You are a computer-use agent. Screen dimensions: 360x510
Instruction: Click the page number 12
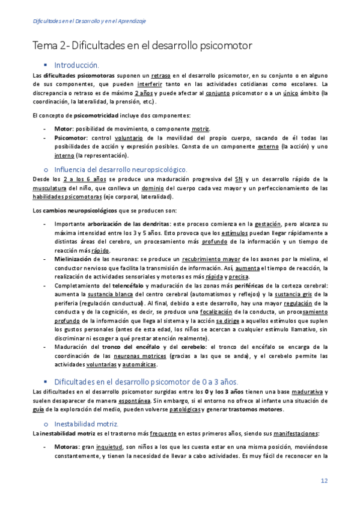tap(323, 480)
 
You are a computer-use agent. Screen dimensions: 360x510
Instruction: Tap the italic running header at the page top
tap(90, 21)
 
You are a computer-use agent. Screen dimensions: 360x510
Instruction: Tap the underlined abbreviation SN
tap(239, 179)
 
